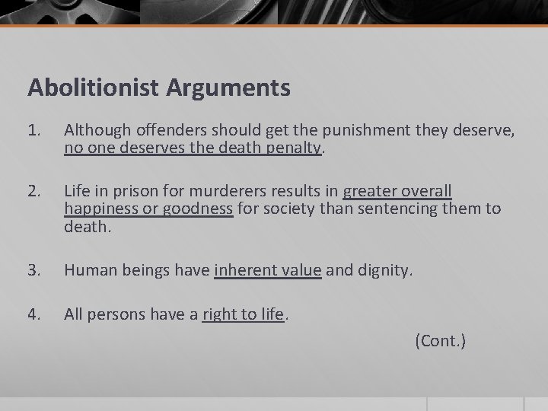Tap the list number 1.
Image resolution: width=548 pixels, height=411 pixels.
coord(34,132)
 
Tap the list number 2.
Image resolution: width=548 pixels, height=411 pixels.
coord(34,190)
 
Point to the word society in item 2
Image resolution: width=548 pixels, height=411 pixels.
coord(288,208)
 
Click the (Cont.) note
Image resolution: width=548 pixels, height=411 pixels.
coord(440,341)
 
